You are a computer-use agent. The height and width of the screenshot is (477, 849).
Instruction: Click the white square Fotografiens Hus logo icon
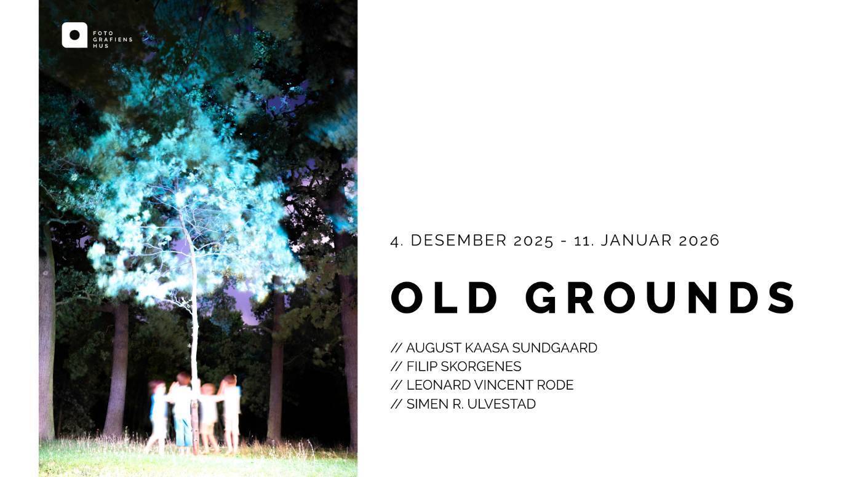click(74, 35)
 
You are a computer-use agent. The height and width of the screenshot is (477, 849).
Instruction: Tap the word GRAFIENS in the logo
click(113, 39)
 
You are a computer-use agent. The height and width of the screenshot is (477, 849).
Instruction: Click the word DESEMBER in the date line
click(458, 240)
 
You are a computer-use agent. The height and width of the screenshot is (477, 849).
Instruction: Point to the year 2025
click(533, 241)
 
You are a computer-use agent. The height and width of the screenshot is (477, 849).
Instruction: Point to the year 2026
click(699, 241)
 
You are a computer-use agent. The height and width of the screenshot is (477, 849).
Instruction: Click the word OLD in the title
click(444, 298)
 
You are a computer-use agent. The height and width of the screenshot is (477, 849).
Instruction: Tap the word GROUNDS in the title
click(660, 298)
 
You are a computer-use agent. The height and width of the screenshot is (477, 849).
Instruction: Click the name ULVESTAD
click(501, 404)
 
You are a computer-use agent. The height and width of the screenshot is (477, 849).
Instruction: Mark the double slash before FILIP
click(396, 366)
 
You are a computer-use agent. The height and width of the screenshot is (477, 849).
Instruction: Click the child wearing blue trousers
click(183, 412)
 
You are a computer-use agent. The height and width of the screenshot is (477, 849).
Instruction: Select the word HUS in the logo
click(101, 46)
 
